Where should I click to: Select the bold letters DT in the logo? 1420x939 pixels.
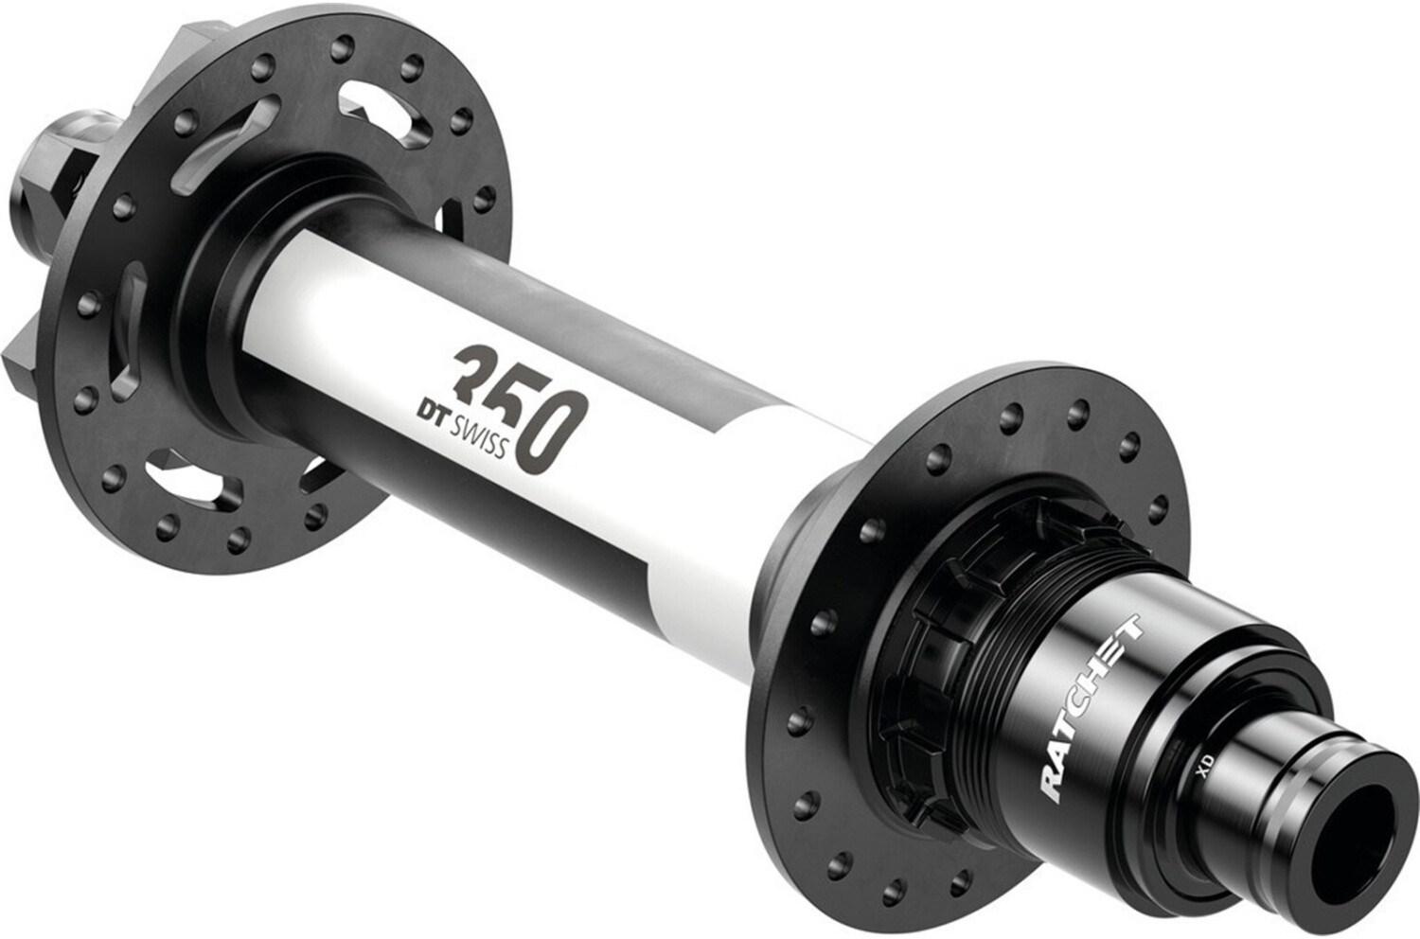[426, 415]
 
